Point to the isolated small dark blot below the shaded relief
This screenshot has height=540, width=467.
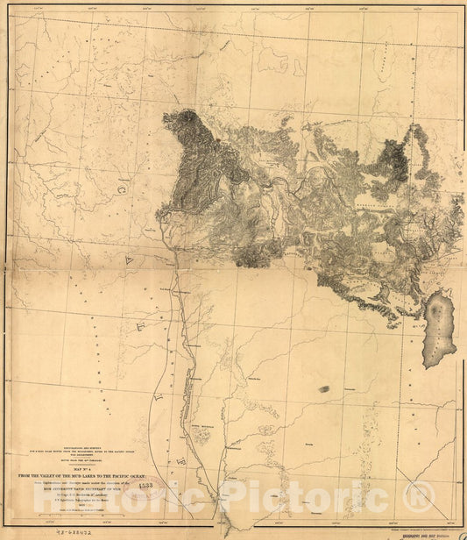[324, 387]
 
